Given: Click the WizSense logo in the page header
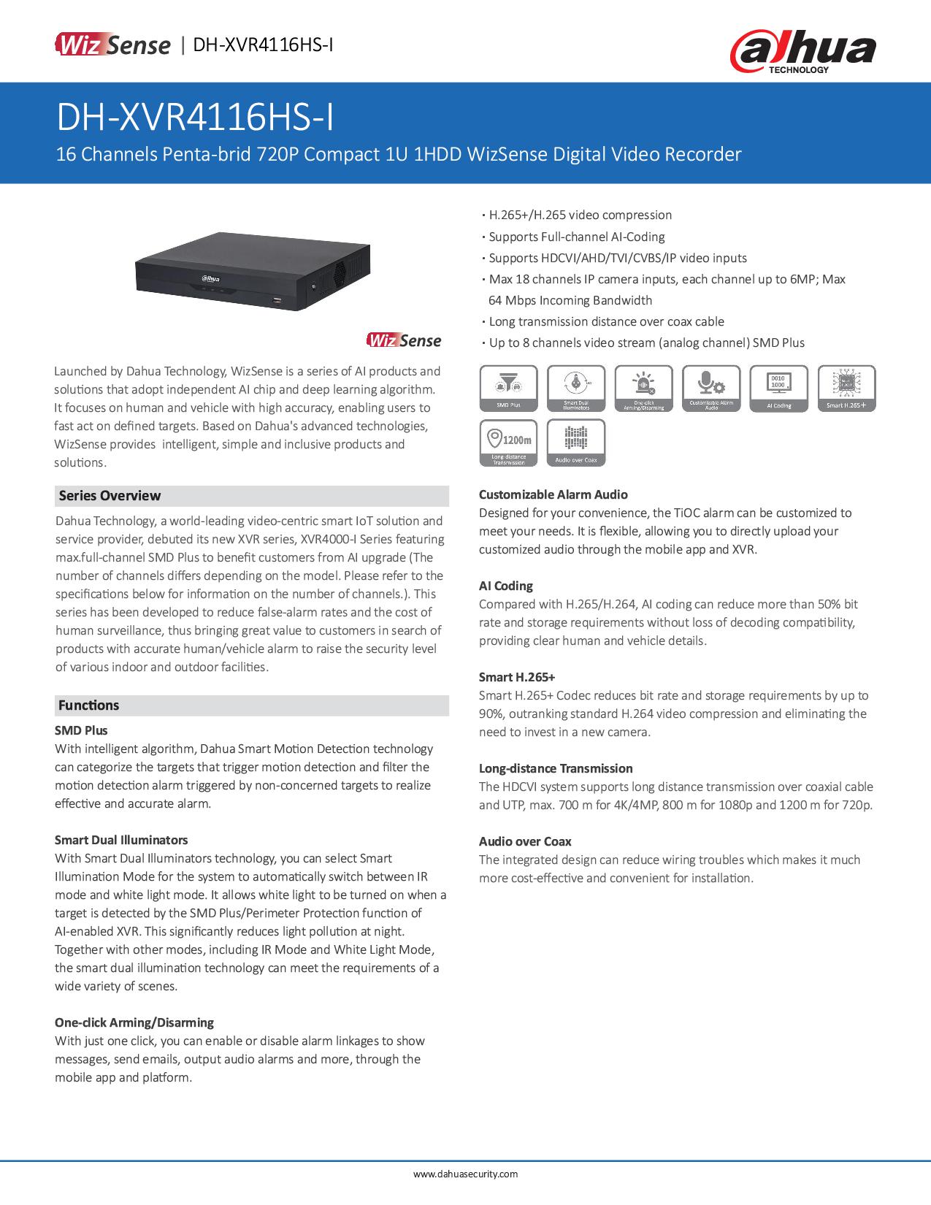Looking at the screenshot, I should pyautogui.click(x=112, y=45).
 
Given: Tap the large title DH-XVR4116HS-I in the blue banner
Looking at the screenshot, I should pyautogui.click(x=195, y=118).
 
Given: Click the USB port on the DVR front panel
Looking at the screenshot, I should pyautogui.click(x=277, y=300).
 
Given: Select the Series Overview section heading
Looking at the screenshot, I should pyautogui.click(x=110, y=496).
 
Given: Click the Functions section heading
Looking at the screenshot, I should pyautogui.click(x=88, y=705).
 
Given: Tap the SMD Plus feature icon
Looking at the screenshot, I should pyautogui.click(x=508, y=389).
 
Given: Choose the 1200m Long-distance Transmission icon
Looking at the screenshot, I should pyautogui.click(x=508, y=442).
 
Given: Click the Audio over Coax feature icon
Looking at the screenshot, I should pyautogui.click(x=576, y=442).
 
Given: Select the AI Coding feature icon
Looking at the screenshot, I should pyautogui.click(x=778, y=389).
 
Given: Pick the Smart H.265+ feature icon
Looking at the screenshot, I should pyautogui.click(x=846, y=389).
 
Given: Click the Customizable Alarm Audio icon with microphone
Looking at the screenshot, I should pyautogui.click(x=710, y=389).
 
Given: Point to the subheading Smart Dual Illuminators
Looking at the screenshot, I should pyautogui.click(x=121, y=840).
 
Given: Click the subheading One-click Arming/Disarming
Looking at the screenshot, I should pyautogui.click(x=134, y=1022).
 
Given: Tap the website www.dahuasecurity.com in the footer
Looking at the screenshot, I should pyautogui.click(x=465, y=1174).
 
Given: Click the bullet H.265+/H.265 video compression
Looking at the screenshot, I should pyautogui.click(x=580, y=215).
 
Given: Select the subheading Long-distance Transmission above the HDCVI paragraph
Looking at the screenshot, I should pyautogui.click(x=555, y=768).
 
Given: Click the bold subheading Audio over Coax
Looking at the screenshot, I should pyautogui.click(x=525, y=841).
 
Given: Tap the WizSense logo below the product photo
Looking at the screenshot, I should pyautogui.click(x=404, y=340).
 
